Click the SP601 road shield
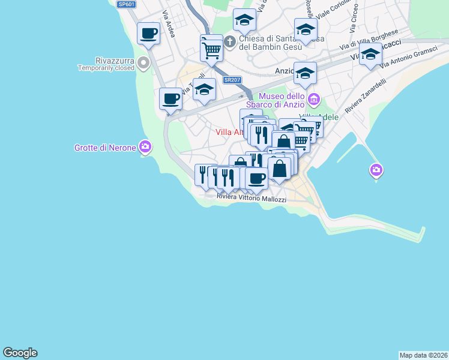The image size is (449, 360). point(125,4)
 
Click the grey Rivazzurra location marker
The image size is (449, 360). point(143,63)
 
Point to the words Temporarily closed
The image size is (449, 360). point(106,68)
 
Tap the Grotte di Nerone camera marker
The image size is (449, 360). point(145,146)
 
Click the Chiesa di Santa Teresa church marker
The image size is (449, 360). point(229,40)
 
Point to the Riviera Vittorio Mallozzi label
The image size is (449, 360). point(252,199)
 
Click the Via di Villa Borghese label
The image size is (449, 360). point(369,40)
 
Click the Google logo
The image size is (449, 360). point(20,353)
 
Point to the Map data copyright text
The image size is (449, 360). point(423,355)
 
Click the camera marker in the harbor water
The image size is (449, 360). point(376,170)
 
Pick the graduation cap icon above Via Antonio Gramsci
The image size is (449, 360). point(370,55)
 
